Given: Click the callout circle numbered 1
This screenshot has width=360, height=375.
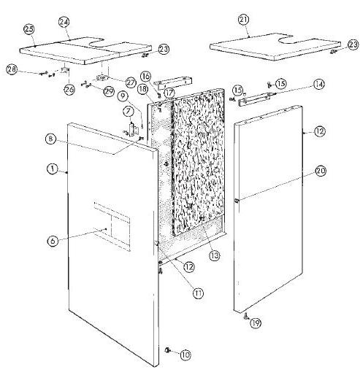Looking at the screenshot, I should (53, 168).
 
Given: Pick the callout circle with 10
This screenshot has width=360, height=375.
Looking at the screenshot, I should (185, 355).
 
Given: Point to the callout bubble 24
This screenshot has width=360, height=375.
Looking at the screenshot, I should (64, 23).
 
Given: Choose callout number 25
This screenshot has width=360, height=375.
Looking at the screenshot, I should (30, 29).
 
